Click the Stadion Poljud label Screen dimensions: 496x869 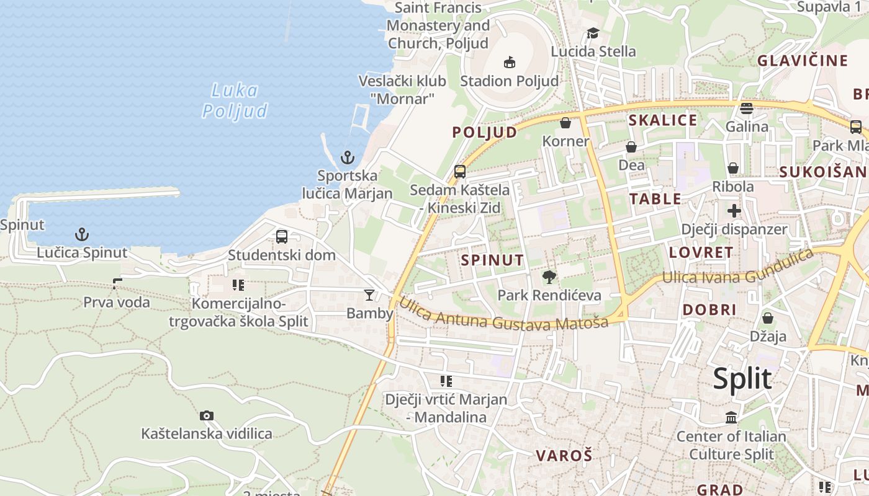[x=509, y=81]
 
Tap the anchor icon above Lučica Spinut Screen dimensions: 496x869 [x=81, y=234]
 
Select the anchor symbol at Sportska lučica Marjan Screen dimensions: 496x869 [x=348, y=157]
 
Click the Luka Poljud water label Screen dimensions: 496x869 [x=235, y=100]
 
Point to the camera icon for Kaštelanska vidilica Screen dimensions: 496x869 [x=207, y=415]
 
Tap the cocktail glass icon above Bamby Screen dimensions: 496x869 [x=369, y=295]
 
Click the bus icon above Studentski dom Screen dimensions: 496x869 [x=282, y=236]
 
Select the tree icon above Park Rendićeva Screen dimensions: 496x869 [x=549, y=277]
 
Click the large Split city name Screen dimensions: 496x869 [x=742, y=378]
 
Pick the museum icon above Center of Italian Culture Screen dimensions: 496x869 [x=731, y=417]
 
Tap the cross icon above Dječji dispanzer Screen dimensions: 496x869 [x=734, y=211]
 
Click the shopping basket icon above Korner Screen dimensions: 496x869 [x=565, y=123]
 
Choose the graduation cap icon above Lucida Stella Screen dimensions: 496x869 [x=593, y=33]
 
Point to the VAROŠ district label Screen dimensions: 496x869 [x=564, y=456]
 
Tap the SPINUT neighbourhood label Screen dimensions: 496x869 [x=493, y=260]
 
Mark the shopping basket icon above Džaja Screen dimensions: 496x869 [x=768, y=318]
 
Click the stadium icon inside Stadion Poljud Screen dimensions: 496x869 [x=509, y=62]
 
